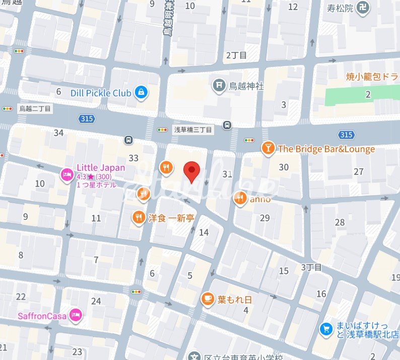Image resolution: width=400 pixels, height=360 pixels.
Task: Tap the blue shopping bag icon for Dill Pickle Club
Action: [x=142, y=93]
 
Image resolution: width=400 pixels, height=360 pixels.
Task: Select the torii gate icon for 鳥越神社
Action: [x=219, y=86]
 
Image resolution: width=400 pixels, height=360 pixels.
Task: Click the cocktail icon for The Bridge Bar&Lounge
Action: [x=268, y=148]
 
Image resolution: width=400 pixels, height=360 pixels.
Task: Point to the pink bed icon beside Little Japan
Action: [x=66, y=175]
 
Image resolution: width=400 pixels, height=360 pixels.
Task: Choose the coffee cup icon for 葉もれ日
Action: [x=207, y=299]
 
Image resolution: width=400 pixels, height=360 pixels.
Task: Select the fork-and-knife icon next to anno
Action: [x=240, y=199]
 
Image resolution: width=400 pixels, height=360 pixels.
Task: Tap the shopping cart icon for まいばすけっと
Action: [x=326, y=329]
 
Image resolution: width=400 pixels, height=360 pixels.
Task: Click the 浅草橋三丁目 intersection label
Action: [x=193, y=130]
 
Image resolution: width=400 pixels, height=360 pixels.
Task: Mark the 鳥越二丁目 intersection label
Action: [x=35, y=108]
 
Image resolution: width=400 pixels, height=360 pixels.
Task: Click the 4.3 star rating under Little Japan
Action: [x=94, y=176]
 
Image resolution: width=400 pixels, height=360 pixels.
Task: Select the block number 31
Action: [x=227, y=174]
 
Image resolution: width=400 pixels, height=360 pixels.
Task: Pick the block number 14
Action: [x=204, y=232]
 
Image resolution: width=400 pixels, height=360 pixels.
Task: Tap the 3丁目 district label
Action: [x=311, y=267]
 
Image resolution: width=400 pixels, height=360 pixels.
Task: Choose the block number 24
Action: [x=96, y=301]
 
